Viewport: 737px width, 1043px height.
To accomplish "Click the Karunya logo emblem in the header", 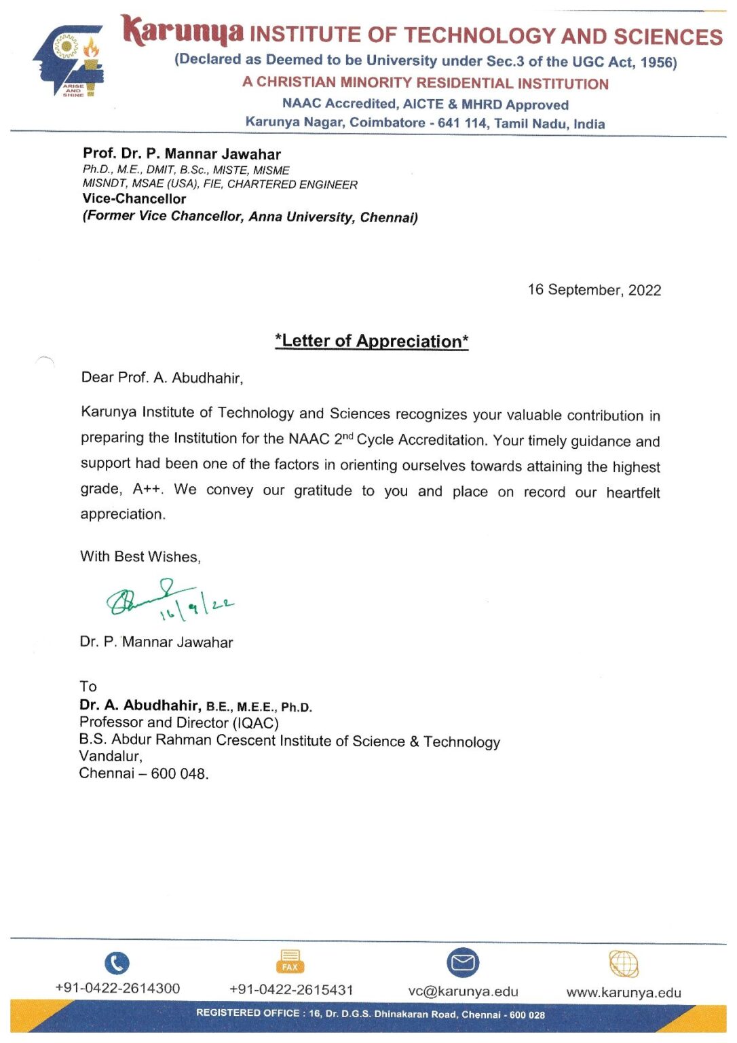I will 69,62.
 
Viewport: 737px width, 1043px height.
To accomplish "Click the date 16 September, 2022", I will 594,290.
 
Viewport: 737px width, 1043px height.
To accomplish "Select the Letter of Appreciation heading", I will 371,341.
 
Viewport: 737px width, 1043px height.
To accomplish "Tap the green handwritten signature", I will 170,600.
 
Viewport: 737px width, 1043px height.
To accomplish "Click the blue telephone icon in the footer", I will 117,963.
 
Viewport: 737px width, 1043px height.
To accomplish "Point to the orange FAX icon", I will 290,962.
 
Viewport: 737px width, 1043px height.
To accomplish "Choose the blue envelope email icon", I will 463,963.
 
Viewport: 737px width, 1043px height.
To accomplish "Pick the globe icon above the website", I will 623,963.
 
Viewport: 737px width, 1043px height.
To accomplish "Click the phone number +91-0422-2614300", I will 117,989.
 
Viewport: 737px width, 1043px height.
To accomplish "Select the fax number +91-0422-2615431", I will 291,989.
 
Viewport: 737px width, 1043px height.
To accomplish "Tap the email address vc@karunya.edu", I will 463,991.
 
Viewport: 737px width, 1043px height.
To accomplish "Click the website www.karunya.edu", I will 623,992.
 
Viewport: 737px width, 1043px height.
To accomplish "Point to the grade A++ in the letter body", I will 148,489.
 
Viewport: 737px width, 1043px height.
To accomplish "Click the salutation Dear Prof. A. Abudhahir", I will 162,378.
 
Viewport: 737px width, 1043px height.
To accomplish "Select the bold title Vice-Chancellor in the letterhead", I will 134,199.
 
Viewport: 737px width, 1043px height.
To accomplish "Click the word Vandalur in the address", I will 110,756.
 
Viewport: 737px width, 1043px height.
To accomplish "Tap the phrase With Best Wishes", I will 140,557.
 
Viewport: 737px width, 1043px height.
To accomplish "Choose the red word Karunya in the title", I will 183,31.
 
